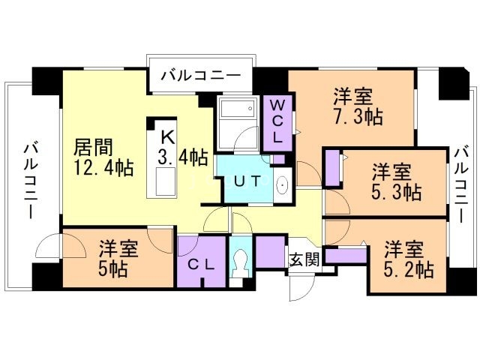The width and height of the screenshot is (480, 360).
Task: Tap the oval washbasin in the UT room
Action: pos(281,184)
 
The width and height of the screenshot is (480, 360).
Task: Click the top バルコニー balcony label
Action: pos(200,76)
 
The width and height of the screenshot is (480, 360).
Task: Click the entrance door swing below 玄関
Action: pos(298,286)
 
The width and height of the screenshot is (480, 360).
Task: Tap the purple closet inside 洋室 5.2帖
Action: pos(345,254)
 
